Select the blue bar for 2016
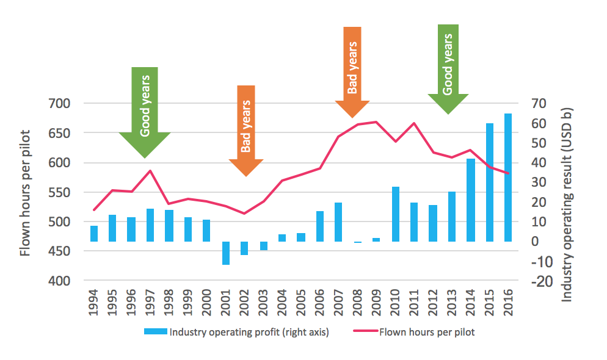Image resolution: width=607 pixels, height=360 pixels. coord(507,177)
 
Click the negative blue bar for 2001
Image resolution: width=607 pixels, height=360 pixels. coord(225,253)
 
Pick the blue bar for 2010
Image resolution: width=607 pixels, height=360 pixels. coord(395,214)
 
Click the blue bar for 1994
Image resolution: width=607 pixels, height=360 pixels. coord(94,234)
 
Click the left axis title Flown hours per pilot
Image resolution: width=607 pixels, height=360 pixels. coord(25,192)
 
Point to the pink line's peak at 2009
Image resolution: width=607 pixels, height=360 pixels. coord(377,121)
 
